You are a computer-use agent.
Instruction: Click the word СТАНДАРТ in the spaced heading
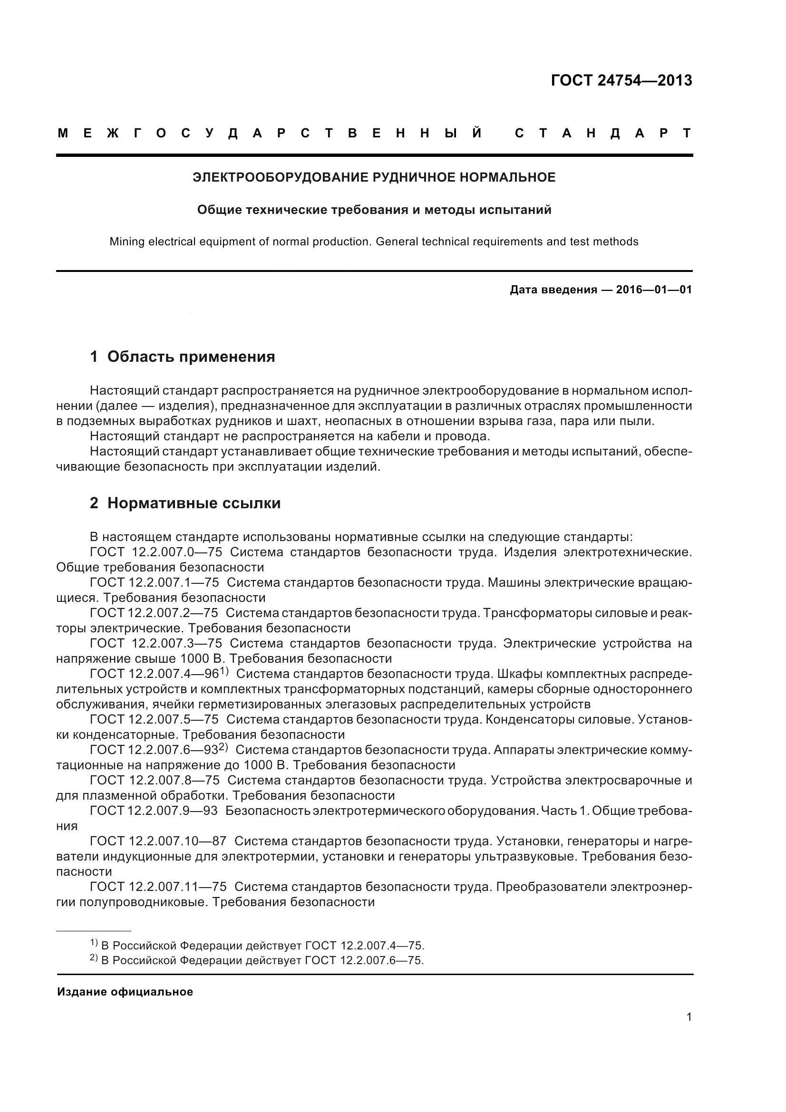(603, 133)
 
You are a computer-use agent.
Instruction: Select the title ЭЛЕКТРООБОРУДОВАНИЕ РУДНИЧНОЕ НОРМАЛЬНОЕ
(374, 177)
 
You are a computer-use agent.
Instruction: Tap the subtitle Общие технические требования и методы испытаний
(374, 210)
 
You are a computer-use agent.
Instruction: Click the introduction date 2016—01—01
(654, 290)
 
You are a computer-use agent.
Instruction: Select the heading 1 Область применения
(183, 357)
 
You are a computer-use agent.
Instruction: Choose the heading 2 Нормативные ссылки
(185, 503)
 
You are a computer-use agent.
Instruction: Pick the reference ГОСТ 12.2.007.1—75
(155, 583)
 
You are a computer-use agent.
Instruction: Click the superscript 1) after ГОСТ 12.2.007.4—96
(224, 671)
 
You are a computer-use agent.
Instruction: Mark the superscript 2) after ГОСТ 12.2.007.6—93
(223, 747)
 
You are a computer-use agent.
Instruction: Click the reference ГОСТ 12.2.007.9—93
(154, 811)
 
